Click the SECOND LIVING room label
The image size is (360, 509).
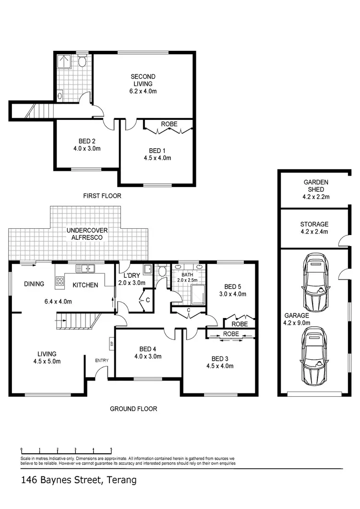144,80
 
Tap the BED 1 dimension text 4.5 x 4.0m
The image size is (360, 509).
157,157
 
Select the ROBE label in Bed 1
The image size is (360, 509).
168,124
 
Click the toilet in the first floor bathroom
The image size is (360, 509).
83,61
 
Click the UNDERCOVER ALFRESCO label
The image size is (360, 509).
87,234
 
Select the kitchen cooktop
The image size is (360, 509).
60,282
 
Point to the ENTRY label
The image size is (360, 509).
102,360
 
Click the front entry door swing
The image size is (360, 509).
102,372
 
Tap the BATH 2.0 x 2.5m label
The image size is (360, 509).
187,277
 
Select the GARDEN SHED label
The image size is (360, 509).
315,186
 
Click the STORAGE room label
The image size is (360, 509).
314,227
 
